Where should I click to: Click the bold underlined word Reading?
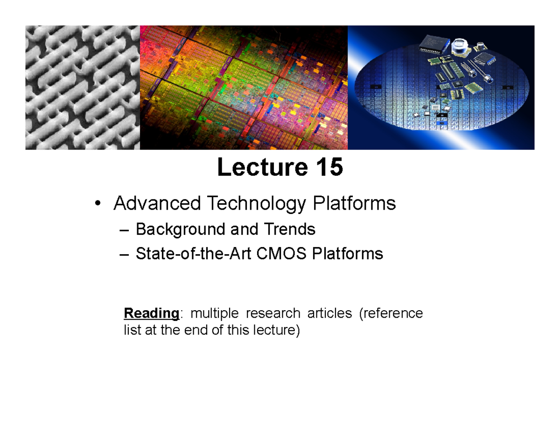(151, 313)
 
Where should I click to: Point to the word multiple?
(214, 313)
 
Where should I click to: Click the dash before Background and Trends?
(123, 230)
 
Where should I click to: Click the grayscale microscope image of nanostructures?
(83, 87)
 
